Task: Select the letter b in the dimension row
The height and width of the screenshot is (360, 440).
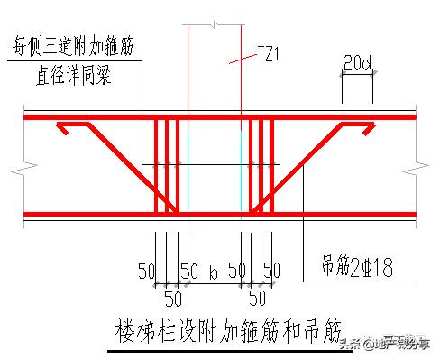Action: pos(213,271)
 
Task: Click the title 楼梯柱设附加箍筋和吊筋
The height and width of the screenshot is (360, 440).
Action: pos(219,325)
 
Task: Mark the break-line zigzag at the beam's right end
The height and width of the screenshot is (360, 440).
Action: pos(414,166)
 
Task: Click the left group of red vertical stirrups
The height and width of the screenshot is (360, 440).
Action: pos(167,167)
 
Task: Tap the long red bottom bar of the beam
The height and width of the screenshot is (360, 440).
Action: pos(90,215)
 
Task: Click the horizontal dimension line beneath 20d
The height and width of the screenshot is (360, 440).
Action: pos(357,77)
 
